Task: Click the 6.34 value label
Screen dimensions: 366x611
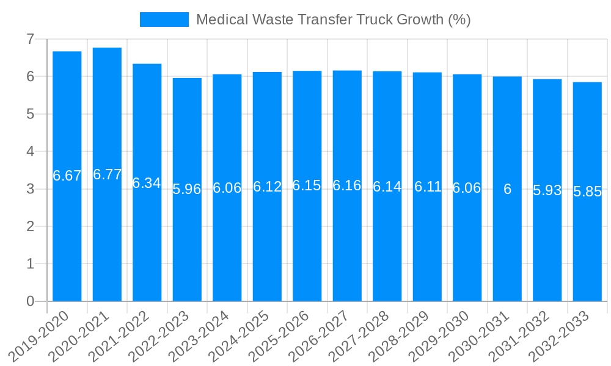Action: [147, 183]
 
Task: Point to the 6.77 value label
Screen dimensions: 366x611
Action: [107, 175]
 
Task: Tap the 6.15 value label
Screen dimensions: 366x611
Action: [307, 186]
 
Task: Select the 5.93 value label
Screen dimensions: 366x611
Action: [547, 190]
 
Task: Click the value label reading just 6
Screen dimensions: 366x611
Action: [507, 189]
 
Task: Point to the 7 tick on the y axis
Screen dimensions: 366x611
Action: [30, 39]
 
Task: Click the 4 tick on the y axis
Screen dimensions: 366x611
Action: [30, 151]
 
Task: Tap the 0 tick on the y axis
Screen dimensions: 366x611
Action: [30, 301]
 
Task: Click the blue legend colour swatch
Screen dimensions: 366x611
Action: [164, 20]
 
